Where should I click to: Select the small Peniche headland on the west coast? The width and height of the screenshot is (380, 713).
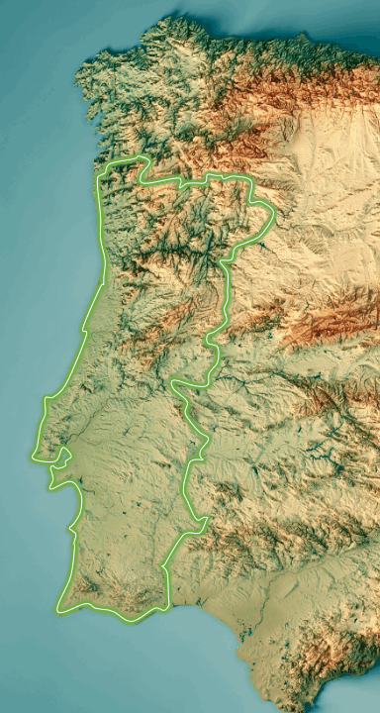pyautogui.click(x=46, y=399)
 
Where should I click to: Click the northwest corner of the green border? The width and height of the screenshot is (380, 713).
pyautogui.click(x=98, y=178)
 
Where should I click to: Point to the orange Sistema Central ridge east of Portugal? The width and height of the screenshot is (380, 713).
pyautogui.click(x=327, y=322)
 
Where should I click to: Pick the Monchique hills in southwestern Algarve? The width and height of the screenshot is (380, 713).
pyautogui.click(x=83, y=584)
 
